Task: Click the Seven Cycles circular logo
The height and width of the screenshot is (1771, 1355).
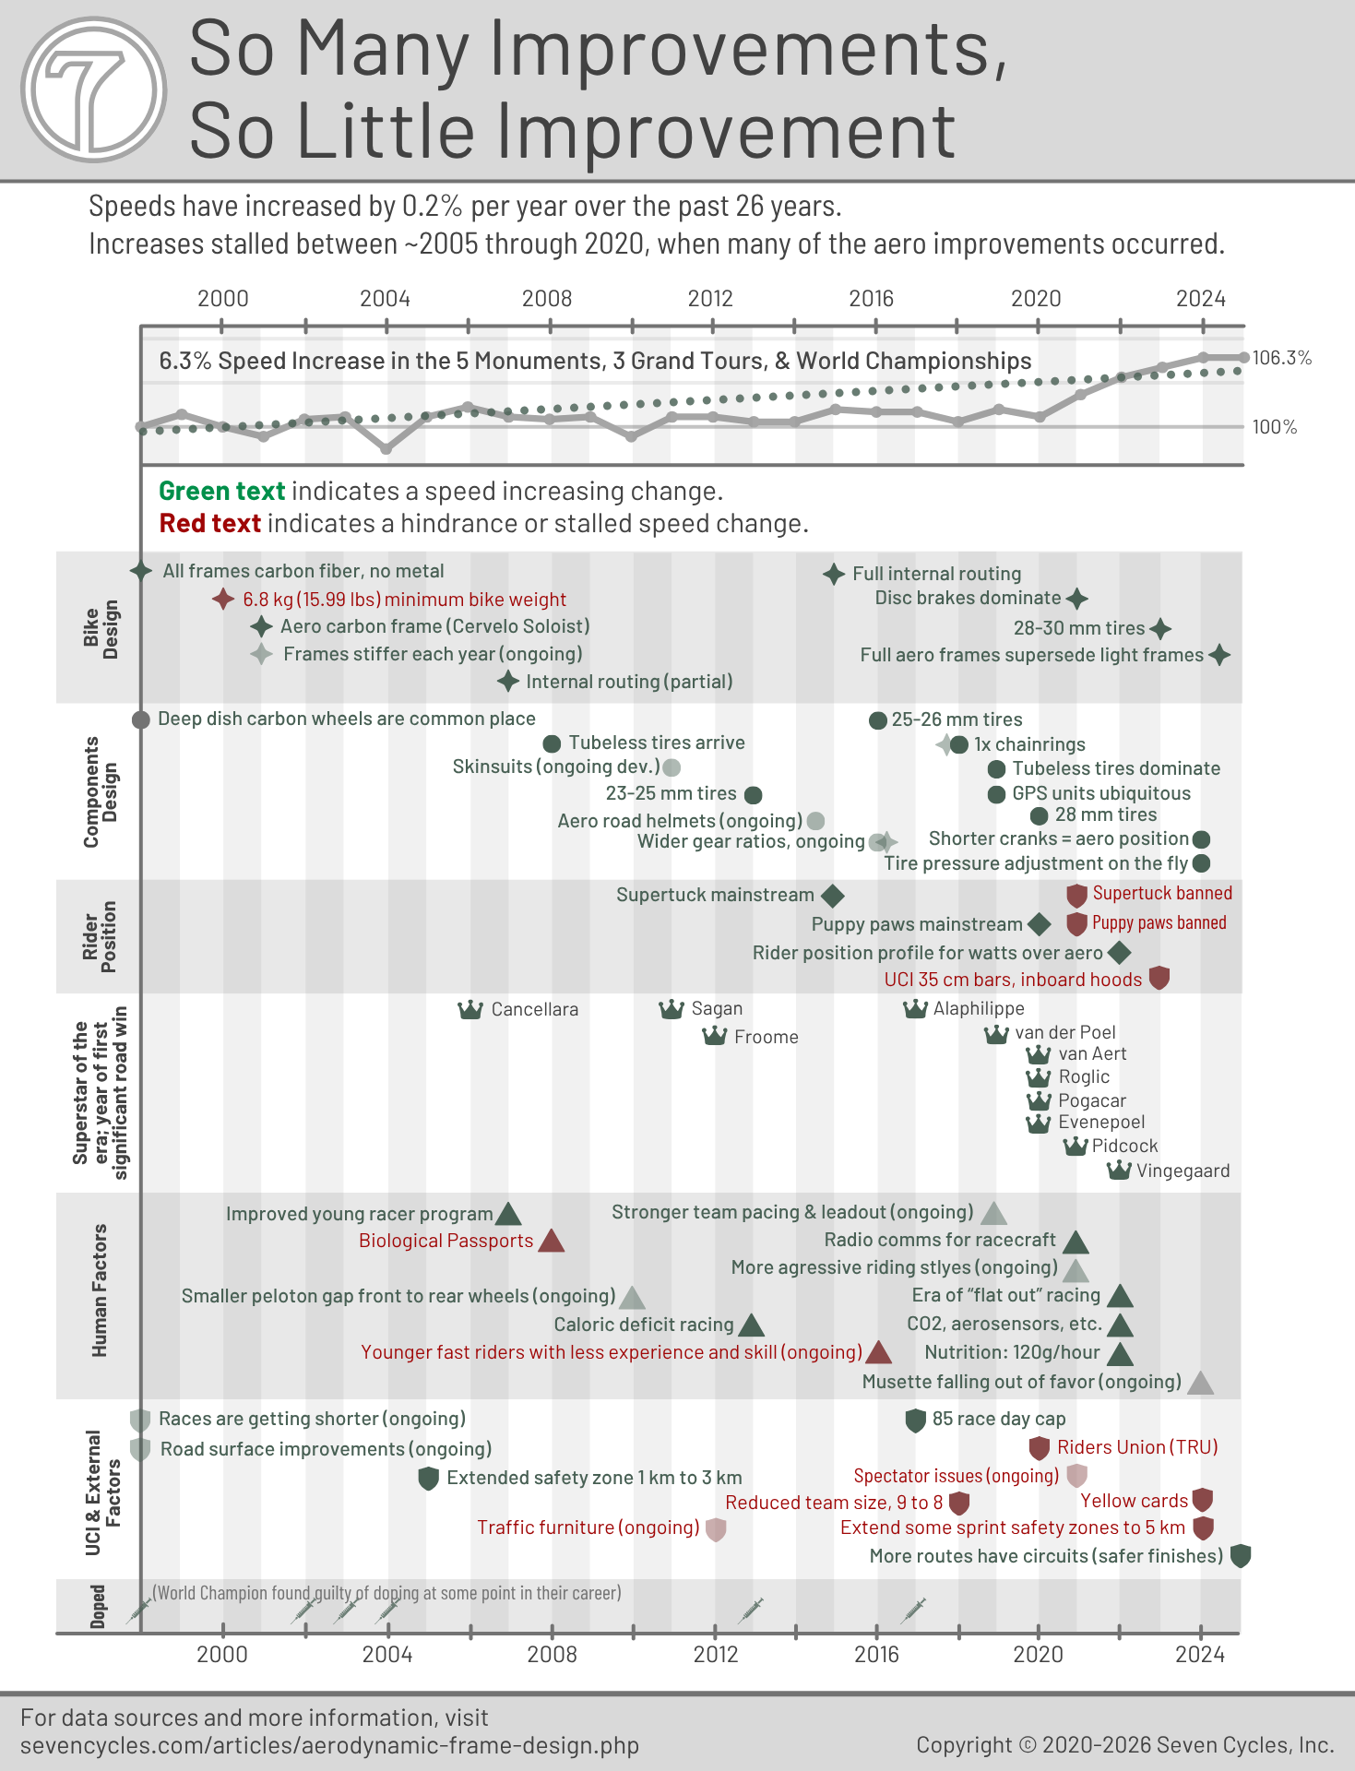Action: pos(93,90)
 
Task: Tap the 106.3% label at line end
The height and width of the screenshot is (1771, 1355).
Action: pos(1281,358)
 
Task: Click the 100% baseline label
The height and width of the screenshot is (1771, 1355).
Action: pos(1274,427)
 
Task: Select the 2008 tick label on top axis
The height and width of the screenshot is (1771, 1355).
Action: pos(547,298)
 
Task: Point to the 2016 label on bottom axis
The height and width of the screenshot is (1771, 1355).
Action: pos(876,1654)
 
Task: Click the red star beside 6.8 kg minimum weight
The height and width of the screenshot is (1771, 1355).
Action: pos(222,600)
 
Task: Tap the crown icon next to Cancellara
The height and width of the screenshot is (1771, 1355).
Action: pos(470,1009)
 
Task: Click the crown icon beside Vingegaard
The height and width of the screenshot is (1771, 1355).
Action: pos(1118,1171)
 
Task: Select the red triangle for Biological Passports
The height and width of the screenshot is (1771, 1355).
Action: pos(551,1241)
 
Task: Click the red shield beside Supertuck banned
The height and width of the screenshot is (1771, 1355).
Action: pos(1076,895)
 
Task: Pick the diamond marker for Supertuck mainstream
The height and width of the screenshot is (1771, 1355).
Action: pos(832,895)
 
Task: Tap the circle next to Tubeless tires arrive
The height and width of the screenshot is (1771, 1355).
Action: pos(552,743)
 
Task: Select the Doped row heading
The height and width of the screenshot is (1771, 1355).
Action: pos(98,1606)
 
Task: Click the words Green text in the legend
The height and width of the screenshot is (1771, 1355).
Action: pos(221,491)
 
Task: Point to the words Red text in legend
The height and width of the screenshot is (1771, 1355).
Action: pos(210,523)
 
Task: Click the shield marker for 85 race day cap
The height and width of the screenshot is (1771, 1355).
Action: pos(915,1420)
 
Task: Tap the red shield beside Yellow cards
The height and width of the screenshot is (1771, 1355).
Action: pos(1202,1500)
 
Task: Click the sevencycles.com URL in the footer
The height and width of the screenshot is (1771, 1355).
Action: pos(329,1745)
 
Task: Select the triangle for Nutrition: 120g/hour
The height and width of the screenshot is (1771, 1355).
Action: pos(1119,1354)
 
